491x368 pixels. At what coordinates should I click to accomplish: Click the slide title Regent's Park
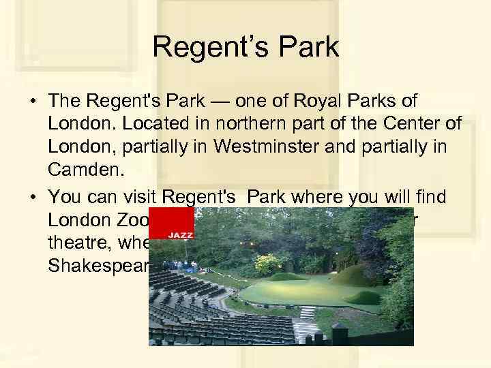tap(245, 47)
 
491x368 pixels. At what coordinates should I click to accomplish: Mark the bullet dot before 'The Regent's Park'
tap(33, 102)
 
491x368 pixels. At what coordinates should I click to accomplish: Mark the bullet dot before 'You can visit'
tap(33, 198)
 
